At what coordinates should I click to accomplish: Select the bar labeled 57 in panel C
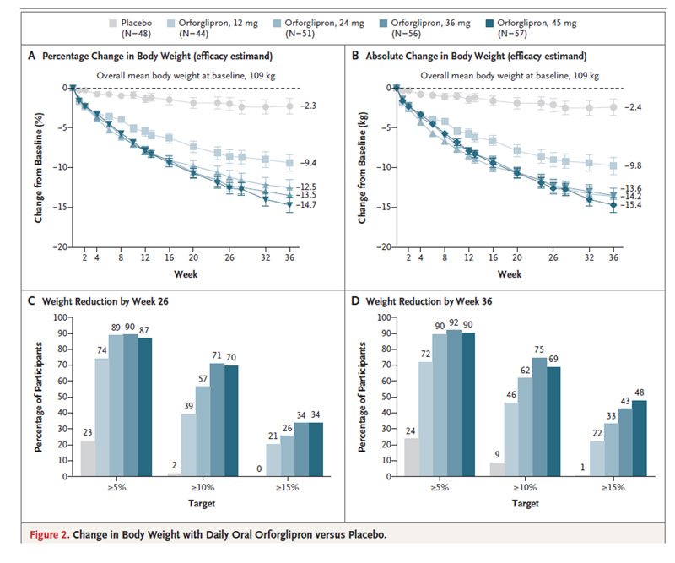coord(202,430)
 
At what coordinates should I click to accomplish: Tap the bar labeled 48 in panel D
coord(640,437)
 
